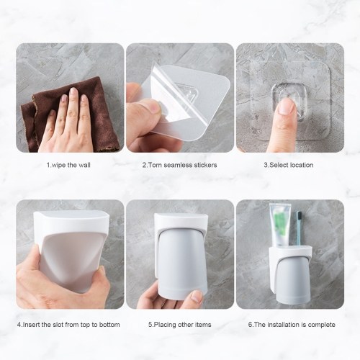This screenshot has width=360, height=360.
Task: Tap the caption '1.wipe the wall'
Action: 68,165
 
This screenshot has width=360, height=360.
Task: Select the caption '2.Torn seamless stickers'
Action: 179,165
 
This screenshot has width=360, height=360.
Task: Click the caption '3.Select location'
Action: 289,165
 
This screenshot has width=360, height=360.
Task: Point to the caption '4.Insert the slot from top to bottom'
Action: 68,325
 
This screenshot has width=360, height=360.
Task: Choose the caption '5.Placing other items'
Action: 180,325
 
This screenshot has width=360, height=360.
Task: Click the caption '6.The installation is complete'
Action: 292,325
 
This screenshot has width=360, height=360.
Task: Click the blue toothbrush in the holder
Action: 299,229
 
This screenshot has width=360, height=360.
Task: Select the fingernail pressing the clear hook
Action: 287,107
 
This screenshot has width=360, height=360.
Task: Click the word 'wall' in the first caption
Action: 84,165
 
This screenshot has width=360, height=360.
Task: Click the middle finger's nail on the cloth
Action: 73,91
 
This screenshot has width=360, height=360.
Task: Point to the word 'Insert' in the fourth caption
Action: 31,325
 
